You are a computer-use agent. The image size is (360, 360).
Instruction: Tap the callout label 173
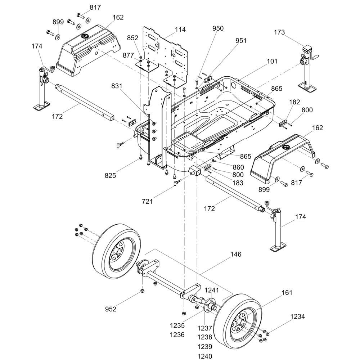(279, 32)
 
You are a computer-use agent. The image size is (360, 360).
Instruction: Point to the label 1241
(212, 290)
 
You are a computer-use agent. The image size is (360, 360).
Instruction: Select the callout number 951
(241, 41)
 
